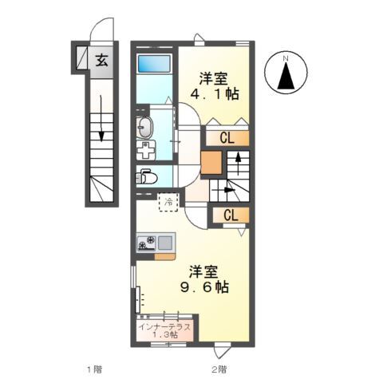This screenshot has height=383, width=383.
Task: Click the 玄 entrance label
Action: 102,61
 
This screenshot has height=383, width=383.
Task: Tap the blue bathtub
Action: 154,63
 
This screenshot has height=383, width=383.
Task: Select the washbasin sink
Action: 144,128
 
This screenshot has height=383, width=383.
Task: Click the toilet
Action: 146,176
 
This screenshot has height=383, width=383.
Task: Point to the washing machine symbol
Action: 146,150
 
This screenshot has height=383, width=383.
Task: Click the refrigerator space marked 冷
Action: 168,202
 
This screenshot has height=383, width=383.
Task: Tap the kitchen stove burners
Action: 146,243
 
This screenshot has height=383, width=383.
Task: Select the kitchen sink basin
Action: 165,243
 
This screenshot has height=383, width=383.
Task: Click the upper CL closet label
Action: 227,138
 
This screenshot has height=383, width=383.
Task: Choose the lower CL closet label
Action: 231,215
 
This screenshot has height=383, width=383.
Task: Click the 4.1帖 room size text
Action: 215,93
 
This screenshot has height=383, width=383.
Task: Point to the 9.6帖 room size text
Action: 204,287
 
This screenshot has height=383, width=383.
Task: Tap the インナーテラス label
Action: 165,327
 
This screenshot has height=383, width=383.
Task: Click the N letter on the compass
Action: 286,58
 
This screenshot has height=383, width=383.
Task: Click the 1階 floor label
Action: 95,369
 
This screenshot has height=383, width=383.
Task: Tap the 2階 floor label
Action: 219,369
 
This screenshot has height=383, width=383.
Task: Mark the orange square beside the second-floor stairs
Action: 211,162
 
